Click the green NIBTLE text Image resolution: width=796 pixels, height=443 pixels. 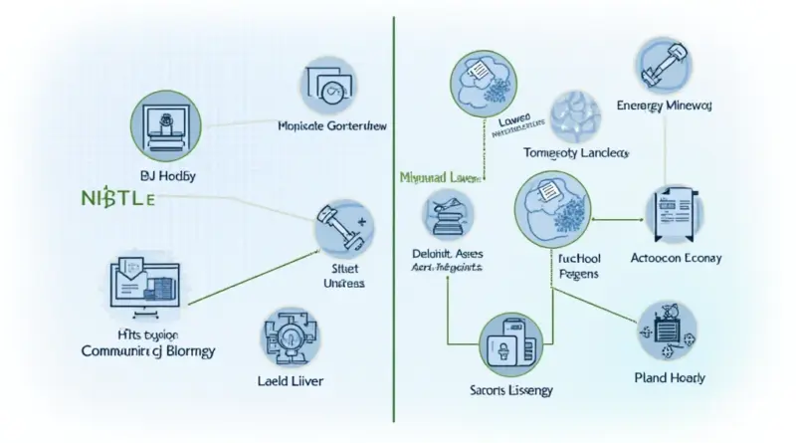[114, 196]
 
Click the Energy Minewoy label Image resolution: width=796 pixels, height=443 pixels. [662, 105]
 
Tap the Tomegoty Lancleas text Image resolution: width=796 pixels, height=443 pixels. [577, 153]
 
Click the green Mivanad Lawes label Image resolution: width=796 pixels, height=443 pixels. [439, 176]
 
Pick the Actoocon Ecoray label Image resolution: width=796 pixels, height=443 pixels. [677, 258]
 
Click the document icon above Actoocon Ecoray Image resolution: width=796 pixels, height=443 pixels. [668, 211]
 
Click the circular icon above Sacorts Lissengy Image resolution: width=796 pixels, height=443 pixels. [513, 343]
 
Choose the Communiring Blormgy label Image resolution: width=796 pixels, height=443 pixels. [148, 350]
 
